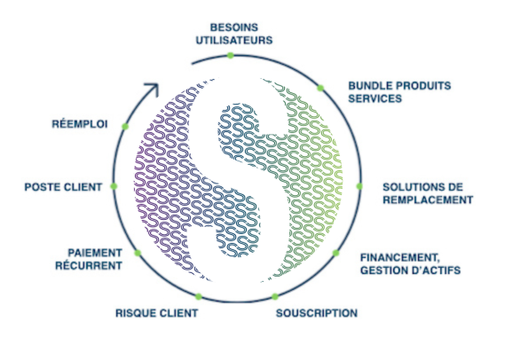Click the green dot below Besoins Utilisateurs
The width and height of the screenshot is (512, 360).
231,56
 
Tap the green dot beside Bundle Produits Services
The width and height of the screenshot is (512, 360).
320,88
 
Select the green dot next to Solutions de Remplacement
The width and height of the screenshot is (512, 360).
359,186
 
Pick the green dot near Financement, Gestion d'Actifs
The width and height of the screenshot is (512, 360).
335,253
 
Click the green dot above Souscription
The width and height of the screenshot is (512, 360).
275,296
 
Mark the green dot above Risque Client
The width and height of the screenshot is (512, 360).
199,296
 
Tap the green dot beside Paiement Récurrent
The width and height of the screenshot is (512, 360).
138,253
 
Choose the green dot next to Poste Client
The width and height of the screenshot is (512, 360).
114,186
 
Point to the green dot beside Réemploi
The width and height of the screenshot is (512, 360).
125,126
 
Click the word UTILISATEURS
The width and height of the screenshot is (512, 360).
234,40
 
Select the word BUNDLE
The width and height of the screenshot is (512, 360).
370,86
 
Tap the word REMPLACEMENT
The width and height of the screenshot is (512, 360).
428,200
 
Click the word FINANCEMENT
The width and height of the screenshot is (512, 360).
400,258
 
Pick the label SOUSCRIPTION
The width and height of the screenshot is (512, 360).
317,313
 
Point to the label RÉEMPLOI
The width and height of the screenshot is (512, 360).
80,124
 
